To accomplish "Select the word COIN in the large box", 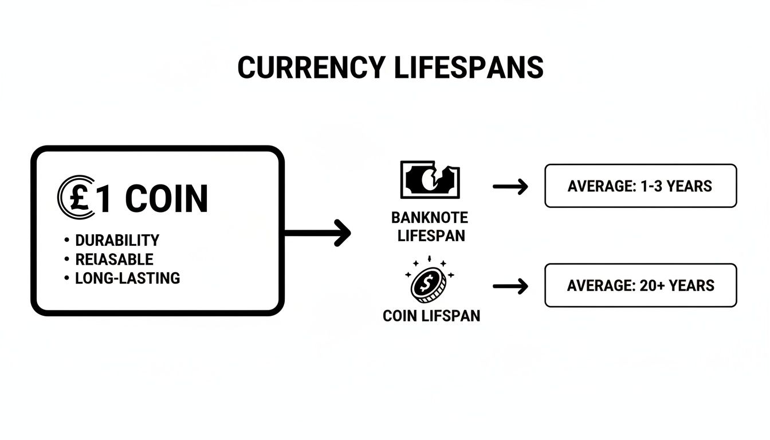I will [x=166, y=199].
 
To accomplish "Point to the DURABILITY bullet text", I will [x=117, y=240].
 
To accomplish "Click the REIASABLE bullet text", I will [x=114, y=259].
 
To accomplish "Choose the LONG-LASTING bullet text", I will [x=127, y=278].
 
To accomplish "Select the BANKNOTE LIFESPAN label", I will [x=429, y=226].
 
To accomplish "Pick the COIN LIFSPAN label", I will [x=431, y=316].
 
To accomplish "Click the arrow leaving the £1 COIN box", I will [x=318, y=233].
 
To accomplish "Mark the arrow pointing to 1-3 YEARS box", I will [x=510, y=186].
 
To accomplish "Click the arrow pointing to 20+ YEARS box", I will [x=510, y=285].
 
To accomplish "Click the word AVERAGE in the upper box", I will [x=599, y=186].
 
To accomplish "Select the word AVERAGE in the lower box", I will [x=598, y=285].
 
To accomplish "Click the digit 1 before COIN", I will [x=105, y=199].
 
